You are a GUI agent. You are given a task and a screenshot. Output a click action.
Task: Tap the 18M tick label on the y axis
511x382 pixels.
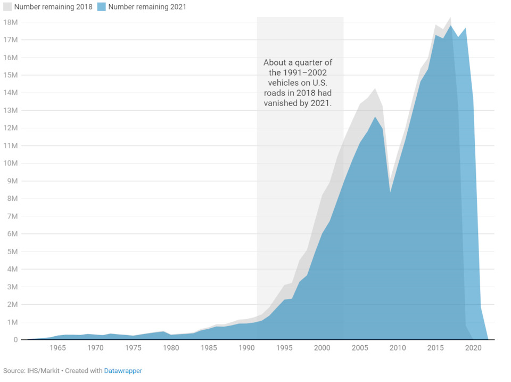click(11, 22)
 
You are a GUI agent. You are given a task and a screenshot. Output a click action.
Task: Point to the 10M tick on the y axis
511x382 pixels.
click(11, 163)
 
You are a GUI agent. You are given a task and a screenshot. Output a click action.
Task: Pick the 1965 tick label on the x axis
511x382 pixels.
click(57, 348)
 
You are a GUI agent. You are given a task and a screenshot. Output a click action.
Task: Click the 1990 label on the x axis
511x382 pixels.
click(246, 348)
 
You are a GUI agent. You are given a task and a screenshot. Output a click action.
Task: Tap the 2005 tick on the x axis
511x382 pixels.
click(360, 348)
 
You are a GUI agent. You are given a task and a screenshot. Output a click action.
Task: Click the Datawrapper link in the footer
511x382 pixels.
click(123, 370)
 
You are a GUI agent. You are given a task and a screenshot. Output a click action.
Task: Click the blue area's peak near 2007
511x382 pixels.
click(375, 117)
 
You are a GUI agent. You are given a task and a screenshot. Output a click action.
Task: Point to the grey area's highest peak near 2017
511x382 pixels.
click(451, 18)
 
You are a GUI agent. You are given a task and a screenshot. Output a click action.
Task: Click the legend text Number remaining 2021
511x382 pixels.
click(147, 7)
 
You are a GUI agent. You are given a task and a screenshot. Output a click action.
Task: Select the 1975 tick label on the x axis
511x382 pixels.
click(133, 348)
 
